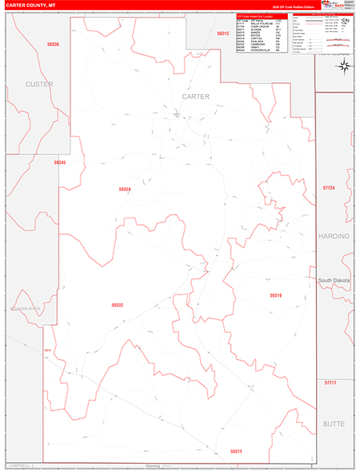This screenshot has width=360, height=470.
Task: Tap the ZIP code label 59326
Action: coord(52,45)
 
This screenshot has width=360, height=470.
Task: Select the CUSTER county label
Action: coord(38,84)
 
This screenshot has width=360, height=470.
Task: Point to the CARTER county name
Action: coord(196,96)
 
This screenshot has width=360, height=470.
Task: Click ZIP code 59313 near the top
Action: coord(223,34)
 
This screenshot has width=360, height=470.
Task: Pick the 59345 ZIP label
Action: coord(60,162)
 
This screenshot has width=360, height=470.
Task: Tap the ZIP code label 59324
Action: coord(125,189)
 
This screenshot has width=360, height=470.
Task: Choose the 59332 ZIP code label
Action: coord(117,305)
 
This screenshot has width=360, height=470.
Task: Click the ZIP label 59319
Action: coord(275,295)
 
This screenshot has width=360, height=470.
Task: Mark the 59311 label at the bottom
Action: coord(236,451)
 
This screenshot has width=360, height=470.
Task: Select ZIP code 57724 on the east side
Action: coord(328,188)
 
